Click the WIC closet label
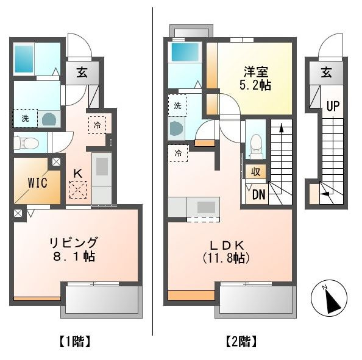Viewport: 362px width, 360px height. (37, 183)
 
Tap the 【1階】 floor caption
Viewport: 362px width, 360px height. (75, 341)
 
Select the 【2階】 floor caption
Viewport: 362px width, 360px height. (241, 341)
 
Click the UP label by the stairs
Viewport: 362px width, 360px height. (333, 106)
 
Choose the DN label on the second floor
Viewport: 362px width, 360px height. (259, 194)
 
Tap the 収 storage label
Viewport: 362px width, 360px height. (255, 172)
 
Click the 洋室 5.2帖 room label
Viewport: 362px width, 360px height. (255, 79)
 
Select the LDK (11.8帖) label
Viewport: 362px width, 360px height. (226, 252)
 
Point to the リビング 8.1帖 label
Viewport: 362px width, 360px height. (74, 249)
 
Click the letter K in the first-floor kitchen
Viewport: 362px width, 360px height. (78, 174)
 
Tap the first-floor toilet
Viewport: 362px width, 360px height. (26, 143)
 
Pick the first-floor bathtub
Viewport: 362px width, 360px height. (24, 59)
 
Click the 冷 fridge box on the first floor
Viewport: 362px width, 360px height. (97, 125)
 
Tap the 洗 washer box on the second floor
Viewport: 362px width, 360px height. (177, 106)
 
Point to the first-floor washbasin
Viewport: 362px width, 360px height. (49, 119)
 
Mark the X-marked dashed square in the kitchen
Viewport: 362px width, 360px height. (78, 189)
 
